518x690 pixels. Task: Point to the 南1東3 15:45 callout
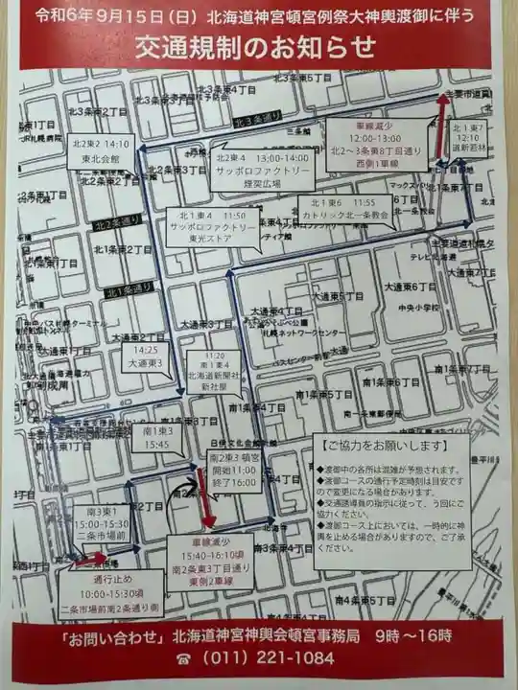[157, 438]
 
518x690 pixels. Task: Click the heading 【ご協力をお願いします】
[381, 447]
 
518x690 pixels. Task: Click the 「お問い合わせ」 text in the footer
[111, 635]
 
